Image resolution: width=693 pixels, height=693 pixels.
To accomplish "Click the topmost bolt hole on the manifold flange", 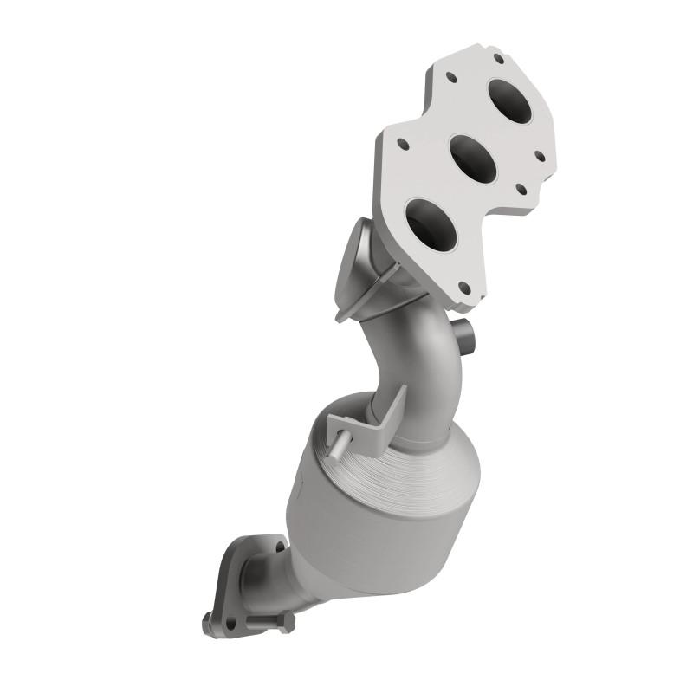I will pyautogui.click(x=499, y=60).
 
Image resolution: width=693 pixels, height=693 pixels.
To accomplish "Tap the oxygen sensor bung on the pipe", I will pyautogui.click(x=466, y=333).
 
